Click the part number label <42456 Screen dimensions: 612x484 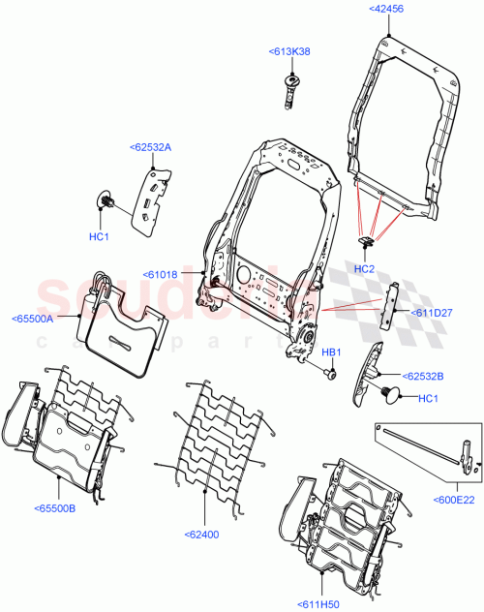click(x=387, y=9)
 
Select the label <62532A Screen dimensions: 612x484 click(x=150, y=147)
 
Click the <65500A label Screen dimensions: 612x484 click(x=35, y=317)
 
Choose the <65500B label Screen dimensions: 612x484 click(x=55, y=506)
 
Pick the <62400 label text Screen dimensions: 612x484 click(x=204, y=533)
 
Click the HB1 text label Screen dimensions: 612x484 click(x=330, y=352)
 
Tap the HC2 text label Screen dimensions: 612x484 click(x=363, y=268)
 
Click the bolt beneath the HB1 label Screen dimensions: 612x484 click(x=329, y=372)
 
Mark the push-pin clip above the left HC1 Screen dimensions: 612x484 click(x=108, y=202)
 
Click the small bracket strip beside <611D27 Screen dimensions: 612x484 click(x=392, y=303)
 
